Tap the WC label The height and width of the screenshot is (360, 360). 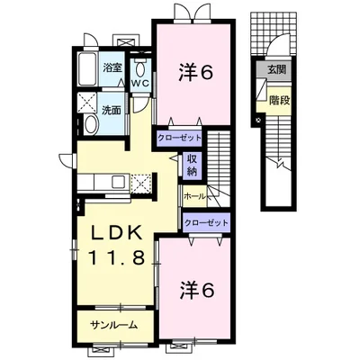tap(139, 84)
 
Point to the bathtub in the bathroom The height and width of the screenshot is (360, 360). tap(87, 67)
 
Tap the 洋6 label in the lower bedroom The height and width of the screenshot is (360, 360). tap(193, 290)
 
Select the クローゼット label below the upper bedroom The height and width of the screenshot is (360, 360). tap(179, 139)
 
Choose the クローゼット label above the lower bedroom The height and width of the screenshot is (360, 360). tap(205, 220)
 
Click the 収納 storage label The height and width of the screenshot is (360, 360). tap(193, 165)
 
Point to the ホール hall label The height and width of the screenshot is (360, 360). tap(195, 195)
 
